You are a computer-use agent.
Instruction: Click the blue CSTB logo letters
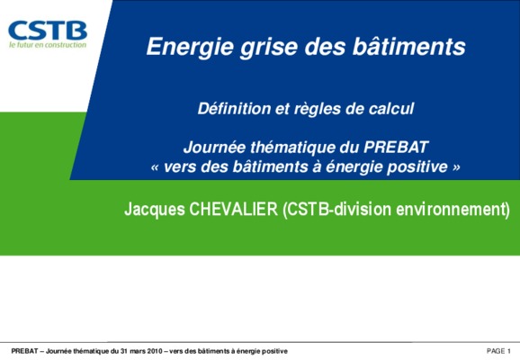click(48, 31)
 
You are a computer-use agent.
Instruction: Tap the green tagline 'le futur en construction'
click(48, 45)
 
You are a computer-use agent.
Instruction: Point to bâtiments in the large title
click(409, 46)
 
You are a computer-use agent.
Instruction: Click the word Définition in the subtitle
click(234, 109)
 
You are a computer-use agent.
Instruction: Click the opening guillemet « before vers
click(155, 167)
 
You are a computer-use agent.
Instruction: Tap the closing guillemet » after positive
click(456, 167)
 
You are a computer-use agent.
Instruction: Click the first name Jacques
click(155, 210)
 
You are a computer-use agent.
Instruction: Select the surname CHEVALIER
click(234, 209)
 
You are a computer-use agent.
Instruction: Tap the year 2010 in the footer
click(155, 351)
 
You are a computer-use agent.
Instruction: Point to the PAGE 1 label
click(498, 351)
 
